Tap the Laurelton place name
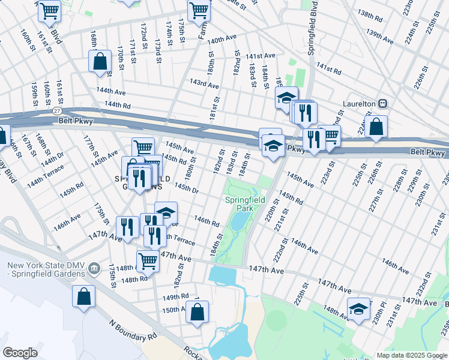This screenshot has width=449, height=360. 359,104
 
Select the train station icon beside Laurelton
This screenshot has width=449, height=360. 382,104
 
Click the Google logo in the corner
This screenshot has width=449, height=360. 20,353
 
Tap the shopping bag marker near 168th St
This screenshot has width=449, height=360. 100,61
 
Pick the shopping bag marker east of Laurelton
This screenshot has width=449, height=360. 376,127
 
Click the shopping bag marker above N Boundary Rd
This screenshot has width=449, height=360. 83,296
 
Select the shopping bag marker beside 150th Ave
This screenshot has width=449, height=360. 197,312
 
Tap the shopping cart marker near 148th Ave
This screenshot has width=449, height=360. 148,261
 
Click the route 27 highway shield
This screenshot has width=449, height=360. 56,111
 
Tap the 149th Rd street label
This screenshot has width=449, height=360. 175,296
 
